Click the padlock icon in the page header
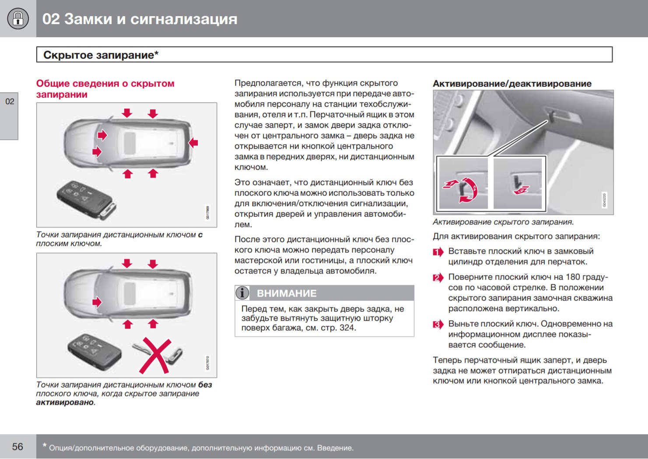[18, 18]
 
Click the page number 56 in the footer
[18, 447]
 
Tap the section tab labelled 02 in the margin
[10, 102]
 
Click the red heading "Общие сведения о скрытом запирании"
[105, 89]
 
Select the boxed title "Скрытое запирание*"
[101, 55]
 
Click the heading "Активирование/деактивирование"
[512, 84]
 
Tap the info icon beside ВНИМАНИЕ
[242, 293]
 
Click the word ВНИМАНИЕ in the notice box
[287, 293]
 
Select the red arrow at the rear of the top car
[193, 143]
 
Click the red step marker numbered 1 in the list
[438, 252]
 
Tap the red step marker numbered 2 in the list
[438, 278]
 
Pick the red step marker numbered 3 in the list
[438, 325]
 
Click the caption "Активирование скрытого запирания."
[503, 222]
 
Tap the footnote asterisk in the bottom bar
[44, 446]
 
